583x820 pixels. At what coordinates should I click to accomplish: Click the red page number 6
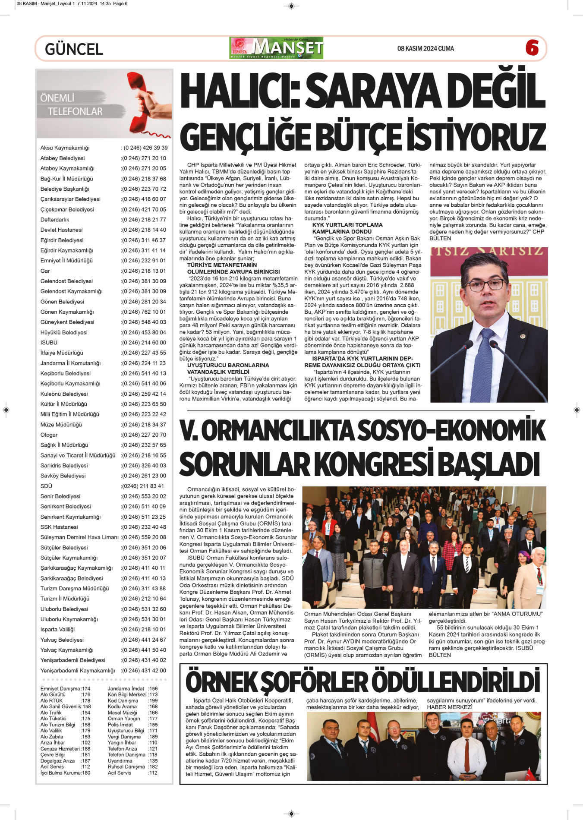[532, 47]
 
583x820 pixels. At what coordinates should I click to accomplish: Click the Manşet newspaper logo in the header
[277, 48]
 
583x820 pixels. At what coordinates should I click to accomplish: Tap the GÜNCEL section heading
[74, 49]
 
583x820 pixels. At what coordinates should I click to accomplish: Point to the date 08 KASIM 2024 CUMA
[425, 49]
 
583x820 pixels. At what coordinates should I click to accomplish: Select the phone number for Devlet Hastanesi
[144, 230]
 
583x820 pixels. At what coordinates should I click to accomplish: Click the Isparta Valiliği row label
[57, 629]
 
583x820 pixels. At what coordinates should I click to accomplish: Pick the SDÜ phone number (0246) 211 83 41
[142, 486]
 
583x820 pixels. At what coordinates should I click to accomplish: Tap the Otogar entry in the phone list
[49, 435]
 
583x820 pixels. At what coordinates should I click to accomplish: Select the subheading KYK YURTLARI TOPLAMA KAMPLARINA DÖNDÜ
[347, 228]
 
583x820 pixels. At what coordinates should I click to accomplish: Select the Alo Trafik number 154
[86, 713]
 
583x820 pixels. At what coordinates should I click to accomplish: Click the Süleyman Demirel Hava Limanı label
[79, 537]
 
